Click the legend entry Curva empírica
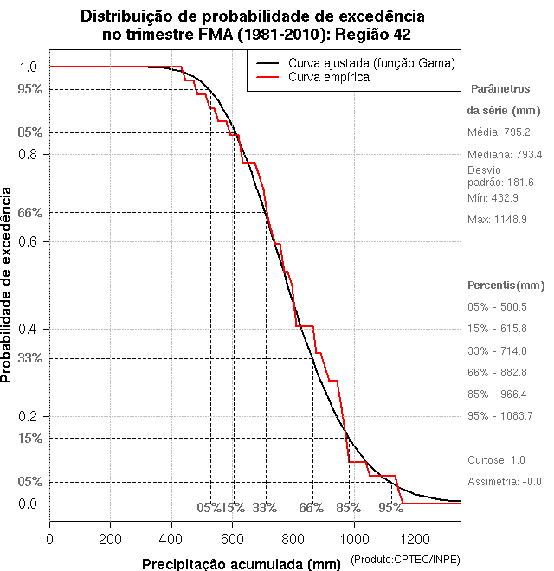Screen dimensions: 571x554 tap(329, 78)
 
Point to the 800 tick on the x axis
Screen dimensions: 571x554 tap(293, 521)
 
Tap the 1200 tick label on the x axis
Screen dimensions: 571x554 tap(415, 538)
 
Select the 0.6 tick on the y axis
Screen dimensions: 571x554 tap(49, 241)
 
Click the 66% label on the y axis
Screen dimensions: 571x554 tap(30, 212)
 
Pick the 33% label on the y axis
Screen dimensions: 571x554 tap(30, 358)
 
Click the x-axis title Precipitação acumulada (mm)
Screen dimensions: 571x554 tap(242, 564)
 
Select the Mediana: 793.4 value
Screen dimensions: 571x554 tap(505, 155)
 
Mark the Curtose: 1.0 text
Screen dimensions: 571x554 tap(496, 459)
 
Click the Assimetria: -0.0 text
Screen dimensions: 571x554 tap(504, 482)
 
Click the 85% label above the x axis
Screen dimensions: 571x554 tap(349, 508)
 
